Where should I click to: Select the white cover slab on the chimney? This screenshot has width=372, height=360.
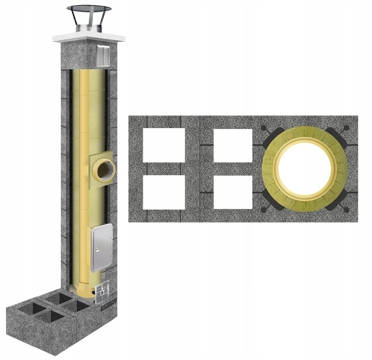click(89, 37)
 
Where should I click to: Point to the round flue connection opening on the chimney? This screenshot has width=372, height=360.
click(104, 169)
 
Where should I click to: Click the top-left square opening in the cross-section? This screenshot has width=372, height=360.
click(164, 145)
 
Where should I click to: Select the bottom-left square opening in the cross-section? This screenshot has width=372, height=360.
click(164, 192)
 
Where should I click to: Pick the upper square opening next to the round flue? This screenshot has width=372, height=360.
click(233, 145)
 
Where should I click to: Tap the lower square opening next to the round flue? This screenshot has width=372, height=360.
click(233, 192)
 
